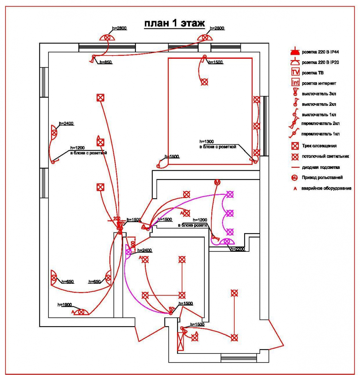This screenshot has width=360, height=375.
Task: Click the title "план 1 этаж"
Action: point(174,24)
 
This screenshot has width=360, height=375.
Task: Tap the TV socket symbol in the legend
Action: point(295,73)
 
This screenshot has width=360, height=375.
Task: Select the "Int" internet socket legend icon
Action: point(295,83)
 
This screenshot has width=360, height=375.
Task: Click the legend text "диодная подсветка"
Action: point(321,167)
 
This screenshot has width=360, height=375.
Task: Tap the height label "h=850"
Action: point(105,62)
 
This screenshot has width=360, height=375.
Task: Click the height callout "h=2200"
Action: point(237,249)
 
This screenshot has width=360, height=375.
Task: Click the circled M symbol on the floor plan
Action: point(218,182)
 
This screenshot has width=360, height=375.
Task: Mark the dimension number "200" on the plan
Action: point(117,219)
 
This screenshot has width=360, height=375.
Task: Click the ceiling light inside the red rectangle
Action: point(204,82)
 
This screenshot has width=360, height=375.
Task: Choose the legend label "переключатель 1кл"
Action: point(321,134)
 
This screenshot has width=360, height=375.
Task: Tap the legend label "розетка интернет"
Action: point(319,83)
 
